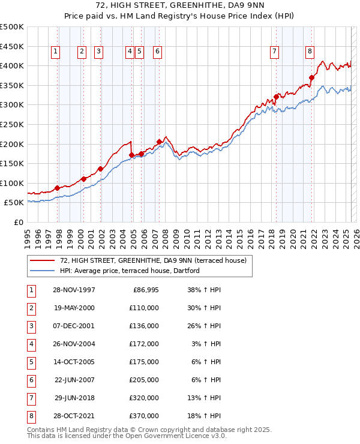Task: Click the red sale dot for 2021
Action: pyautogui.click(x=312, y=77)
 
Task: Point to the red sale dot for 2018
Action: pyautogui.click(x=276, y=97)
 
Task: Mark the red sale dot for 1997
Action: pyautogui.click(x=57, y=188)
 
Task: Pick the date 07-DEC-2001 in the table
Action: pyautogui.click(x=74, y=326)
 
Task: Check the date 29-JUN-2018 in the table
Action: pyautogui.click(x=74, y=398)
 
